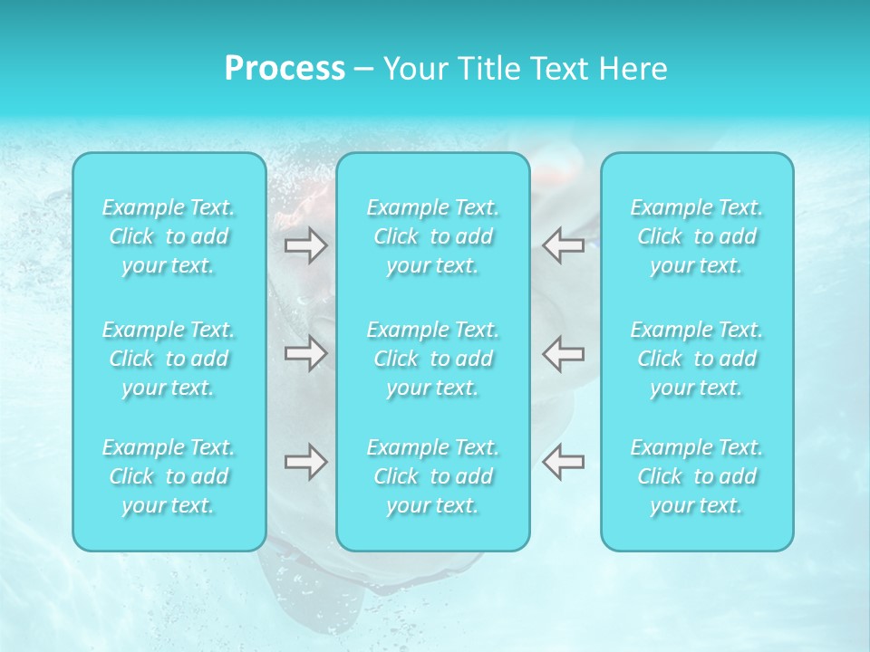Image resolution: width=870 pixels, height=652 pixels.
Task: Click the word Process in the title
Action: (285, 69)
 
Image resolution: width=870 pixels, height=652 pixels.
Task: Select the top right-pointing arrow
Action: (306, 245)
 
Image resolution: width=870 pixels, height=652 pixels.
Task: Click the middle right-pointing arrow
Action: (306, 353)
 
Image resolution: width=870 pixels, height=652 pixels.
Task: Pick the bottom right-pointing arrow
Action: (306, 462)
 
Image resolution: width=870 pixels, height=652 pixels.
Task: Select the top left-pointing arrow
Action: (564, 245)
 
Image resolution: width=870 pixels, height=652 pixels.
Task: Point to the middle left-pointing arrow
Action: (564, 353)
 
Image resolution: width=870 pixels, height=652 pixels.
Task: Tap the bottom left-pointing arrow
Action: (564, 462)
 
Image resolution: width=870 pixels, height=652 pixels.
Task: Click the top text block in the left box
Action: (169, 236)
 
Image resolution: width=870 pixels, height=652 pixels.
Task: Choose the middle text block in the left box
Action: (169, 359)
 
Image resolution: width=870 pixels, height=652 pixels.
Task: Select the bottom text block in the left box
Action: (169, 476)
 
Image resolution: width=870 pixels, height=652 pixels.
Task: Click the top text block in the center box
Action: (433, 236)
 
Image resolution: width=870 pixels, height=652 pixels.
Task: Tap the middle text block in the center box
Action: (433, 359)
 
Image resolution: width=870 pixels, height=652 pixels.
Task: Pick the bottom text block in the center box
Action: (433, 476)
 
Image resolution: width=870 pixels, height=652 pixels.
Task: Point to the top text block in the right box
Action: (697, 236)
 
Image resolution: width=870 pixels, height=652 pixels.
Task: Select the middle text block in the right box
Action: (697, 359)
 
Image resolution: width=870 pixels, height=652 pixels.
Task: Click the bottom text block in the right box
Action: (697, 476)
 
